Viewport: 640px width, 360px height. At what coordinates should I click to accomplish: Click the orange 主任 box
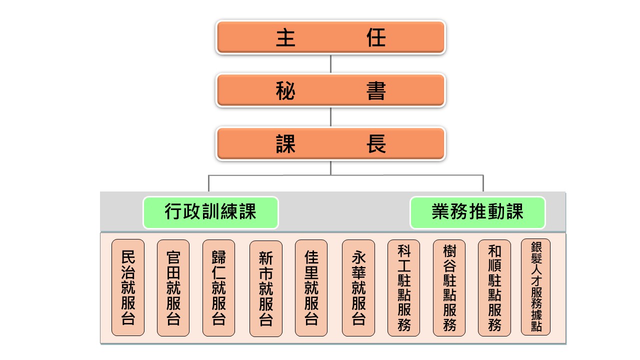tap(330, 37)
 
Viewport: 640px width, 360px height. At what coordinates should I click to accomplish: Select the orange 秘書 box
tap(330, 90)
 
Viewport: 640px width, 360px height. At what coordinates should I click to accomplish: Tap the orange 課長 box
tap(330, 144)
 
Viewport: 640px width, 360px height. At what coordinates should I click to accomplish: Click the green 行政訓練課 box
tap(210, 212)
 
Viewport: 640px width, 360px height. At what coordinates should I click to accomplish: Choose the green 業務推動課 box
tap(477, 212)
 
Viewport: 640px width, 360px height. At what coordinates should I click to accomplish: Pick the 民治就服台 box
tap(128, 287)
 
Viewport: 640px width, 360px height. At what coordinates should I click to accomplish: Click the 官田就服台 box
tap(173, 287)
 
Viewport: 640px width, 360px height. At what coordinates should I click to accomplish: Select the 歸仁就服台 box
tap(218, 287)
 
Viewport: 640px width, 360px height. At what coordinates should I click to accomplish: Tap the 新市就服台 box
tap(265, 288)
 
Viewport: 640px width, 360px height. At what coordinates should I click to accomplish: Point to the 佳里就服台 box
tap(311, 287)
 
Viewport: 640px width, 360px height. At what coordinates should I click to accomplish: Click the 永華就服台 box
tap(358, 287)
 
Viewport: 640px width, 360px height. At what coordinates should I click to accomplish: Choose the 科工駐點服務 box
tap(403, 287)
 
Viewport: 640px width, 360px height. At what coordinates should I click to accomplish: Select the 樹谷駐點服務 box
tap(449, 287)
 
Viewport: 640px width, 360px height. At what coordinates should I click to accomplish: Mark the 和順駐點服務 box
tap(494, 287)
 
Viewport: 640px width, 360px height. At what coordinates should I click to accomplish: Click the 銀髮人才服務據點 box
tap(535, 286)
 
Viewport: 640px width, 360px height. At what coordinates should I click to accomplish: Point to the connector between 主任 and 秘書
tap(330, 64)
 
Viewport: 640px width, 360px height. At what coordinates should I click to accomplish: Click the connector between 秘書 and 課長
tap(330, 117)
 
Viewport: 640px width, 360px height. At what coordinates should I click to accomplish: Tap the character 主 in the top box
tap(285, 37)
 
